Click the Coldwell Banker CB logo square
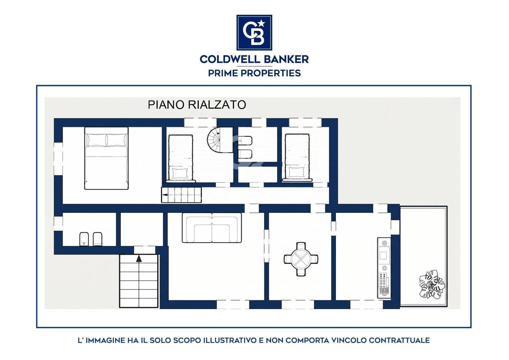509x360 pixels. coord(254,32)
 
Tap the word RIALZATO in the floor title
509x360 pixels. coord(217,105)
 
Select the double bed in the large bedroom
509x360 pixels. coord(106,158)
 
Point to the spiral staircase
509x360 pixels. coord(213,140)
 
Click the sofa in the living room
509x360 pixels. coord(212,228)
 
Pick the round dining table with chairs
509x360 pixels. coord(301,259)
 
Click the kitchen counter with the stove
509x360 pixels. coord(384,268)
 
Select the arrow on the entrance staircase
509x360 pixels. coord(139,258)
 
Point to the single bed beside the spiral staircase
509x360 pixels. coord(181,159)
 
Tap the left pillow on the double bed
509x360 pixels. coord(97,140)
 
